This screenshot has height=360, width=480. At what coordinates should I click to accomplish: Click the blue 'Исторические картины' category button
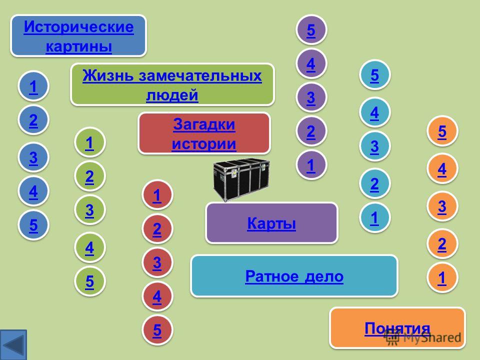tap(78, 36)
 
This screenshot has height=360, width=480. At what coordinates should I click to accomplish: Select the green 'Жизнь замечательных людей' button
tap(172, 84)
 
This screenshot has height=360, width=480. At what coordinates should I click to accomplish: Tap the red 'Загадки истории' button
tap(204, 133)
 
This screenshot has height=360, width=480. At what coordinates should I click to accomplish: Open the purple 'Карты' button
tap(271, 223)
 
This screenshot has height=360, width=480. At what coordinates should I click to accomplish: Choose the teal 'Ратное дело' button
tap(294, 276)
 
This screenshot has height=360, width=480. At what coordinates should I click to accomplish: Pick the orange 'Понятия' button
tap(397, 328)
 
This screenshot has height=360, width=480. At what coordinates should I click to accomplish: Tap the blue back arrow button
tap(13, 344)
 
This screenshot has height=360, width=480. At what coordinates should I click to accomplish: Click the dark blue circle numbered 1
tap(33, 86)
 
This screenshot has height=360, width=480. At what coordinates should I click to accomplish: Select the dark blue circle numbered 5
tap(33, 225)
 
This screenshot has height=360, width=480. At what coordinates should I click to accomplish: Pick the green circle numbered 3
tap(89, 210)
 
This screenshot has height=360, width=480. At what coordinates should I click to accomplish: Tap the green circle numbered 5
tap(89, 281)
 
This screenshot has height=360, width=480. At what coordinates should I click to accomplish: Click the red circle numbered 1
tap(157, 195)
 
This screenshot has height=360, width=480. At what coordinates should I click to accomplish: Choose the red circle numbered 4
tap(157, 296)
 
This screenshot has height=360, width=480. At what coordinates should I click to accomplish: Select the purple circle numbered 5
tap(311, 29)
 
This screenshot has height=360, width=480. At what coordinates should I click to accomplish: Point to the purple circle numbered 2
tap(311, 131)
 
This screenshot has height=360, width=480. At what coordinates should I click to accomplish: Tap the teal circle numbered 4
tap(374, 112)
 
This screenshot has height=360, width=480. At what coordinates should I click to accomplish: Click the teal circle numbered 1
tap(374, 217)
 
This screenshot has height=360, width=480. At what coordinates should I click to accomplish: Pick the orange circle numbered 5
tap(442, 131)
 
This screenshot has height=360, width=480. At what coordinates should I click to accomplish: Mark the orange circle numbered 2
tap(442, 244)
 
